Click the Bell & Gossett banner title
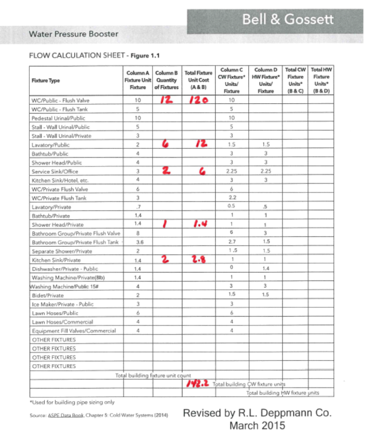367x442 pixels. click(x=288, y=20)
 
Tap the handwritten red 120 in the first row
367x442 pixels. click(x=199, y=100)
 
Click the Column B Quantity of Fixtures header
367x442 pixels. click(x=166, y=80)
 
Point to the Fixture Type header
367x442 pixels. click(x=46, y=81)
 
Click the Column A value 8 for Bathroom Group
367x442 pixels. click(x=136, y=233)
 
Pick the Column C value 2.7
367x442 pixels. click(x=232, y=242)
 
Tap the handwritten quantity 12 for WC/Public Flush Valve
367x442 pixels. click(x=167, y=100)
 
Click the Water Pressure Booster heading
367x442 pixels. click(x=73, y=34)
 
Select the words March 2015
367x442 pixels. click(x=257, y=426)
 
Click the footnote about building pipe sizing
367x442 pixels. click(x=72, y=402)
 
